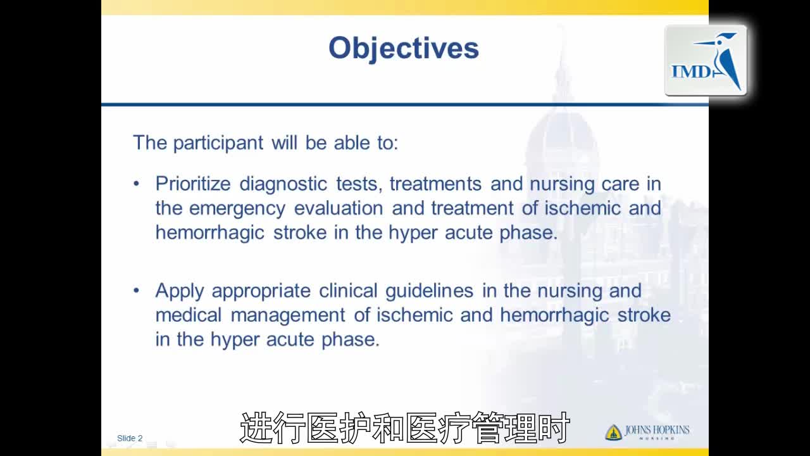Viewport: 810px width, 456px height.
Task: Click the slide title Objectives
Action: point(404,49)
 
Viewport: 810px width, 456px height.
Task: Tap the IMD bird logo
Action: point(706,60)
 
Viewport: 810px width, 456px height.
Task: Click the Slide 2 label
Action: point(130,438)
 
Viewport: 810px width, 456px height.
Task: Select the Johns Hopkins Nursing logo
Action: point(647,432)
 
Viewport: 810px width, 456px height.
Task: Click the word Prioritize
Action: point(193,184)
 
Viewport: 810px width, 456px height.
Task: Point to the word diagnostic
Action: point(283,184)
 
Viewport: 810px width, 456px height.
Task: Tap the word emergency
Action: point(237,209)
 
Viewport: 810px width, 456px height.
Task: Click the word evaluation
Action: point(339,208)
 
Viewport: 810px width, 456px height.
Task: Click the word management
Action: point(288,316)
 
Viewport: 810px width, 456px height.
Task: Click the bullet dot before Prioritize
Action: point(136,184)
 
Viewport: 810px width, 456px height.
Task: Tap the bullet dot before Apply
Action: point(136,290)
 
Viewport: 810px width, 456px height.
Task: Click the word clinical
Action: point(348,291)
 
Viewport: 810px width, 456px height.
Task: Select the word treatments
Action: point(435,184)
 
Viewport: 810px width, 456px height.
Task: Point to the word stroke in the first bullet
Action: point(300,232)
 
